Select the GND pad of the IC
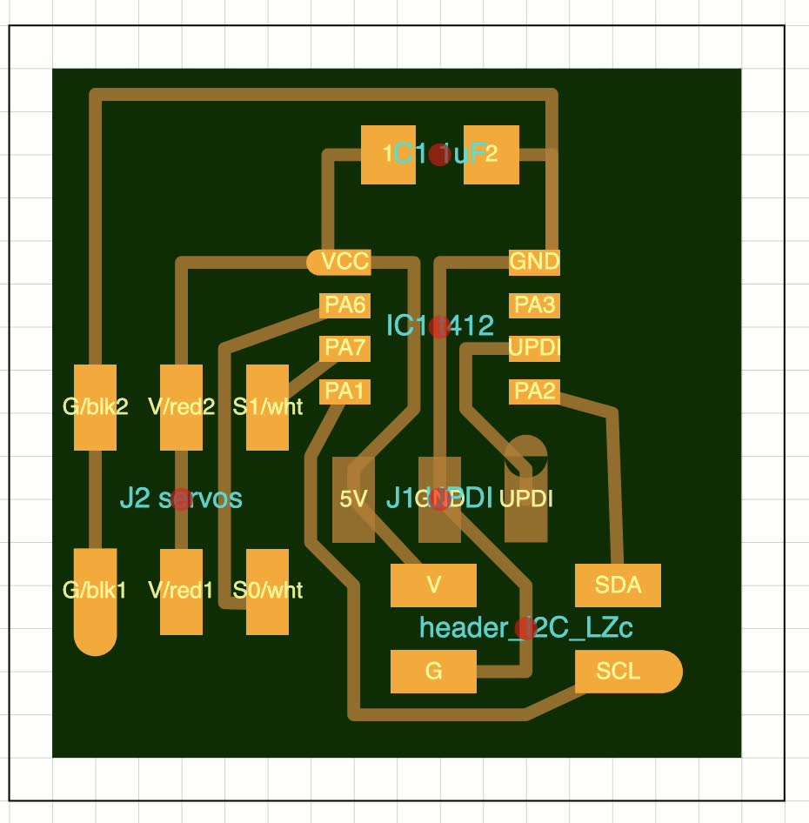[x=534, y=261]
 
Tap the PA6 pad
[x=345, y=305]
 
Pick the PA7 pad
[x=345, y=349]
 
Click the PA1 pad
[x=345, y=391]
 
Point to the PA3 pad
[x=534, y=305]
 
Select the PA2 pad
[x=534, y=391]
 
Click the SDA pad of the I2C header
[x=618, y=585]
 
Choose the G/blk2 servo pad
[x=95, y=407]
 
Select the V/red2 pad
[x=181, y=407]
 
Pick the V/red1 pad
[x=181, y=592]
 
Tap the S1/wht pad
[x=267, y=407]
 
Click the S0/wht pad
[x=267, y=592]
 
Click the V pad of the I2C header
[x=433, y=585]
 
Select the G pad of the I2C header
[x=433, y=672]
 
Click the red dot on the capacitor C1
[x=439, y=155]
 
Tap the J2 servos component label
[x=181, y=498]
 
